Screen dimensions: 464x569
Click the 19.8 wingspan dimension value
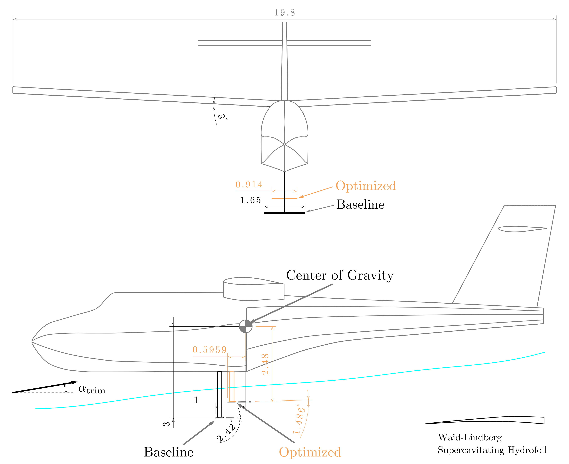tap(284, 13)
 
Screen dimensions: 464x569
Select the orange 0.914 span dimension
tap(249, 184)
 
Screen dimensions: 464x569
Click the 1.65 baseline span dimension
tap(250, 200)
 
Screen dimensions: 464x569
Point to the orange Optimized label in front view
tap(366, 186)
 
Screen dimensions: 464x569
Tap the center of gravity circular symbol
tap(246, 326)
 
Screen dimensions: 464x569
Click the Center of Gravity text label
tap(340, 275)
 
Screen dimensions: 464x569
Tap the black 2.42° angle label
tap(226, 431)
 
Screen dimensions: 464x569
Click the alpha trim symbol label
tap(92, 389)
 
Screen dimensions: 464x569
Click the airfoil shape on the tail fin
tap(522, 229)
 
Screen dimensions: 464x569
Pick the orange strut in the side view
tap(232, 386)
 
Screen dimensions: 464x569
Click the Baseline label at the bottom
tap(168, 452)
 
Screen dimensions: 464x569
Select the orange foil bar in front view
tap(284, 199)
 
